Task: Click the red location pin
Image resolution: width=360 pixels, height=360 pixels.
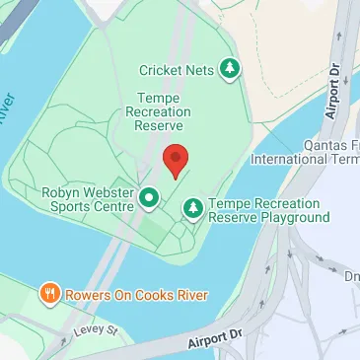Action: click(x=175, y=159)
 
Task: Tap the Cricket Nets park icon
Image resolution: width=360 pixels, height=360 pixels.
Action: click(x=230, y=68)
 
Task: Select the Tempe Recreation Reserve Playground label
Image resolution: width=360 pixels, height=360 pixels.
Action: click(x=267, y=209)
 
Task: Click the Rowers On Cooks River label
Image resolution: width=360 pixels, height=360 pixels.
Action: click(x=124, y=294)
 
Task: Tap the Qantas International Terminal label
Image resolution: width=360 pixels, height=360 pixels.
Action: click(x=305, y=151)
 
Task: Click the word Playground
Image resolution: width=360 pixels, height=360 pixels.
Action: click(x=290, y=217)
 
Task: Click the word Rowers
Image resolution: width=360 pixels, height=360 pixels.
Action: click(x=89, y=294)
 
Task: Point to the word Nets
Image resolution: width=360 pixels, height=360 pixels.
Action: click(x=202, y=70)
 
